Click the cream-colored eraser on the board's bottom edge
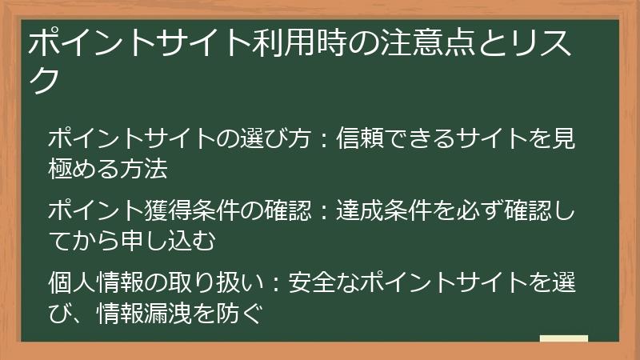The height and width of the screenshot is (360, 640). pyautogui.click(x=563, y=338)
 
